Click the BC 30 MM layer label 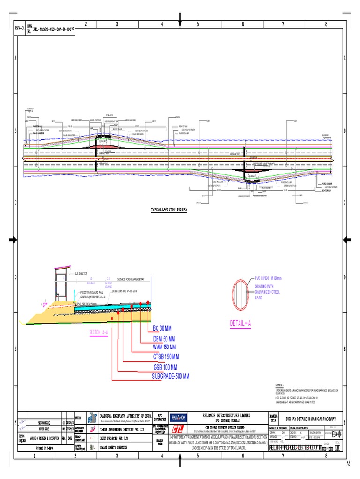pos(162,327)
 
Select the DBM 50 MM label pos(164,339)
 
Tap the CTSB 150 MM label pos(166,357)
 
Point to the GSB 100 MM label pos(165,367)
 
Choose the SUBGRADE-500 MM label pos(170,376)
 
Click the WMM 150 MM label pos(164,347)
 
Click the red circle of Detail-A pos(243,292)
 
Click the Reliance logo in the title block pos(178,417)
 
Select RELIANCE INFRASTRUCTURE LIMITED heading pos(226,415)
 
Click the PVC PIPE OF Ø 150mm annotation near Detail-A pos(268,278)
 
